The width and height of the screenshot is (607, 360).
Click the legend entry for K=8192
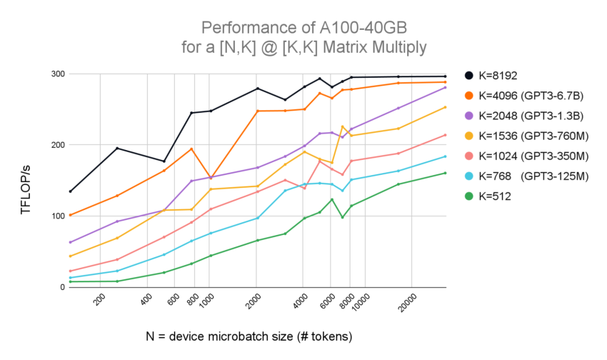[x=500, y=75]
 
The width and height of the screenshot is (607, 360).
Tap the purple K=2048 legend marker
[x=468, y=115]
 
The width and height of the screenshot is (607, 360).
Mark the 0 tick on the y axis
[x=62, y=287]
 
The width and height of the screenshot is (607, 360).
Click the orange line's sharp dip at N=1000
[x=210, y=177]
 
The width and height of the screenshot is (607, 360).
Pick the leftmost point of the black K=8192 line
[x=70, y=191]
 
